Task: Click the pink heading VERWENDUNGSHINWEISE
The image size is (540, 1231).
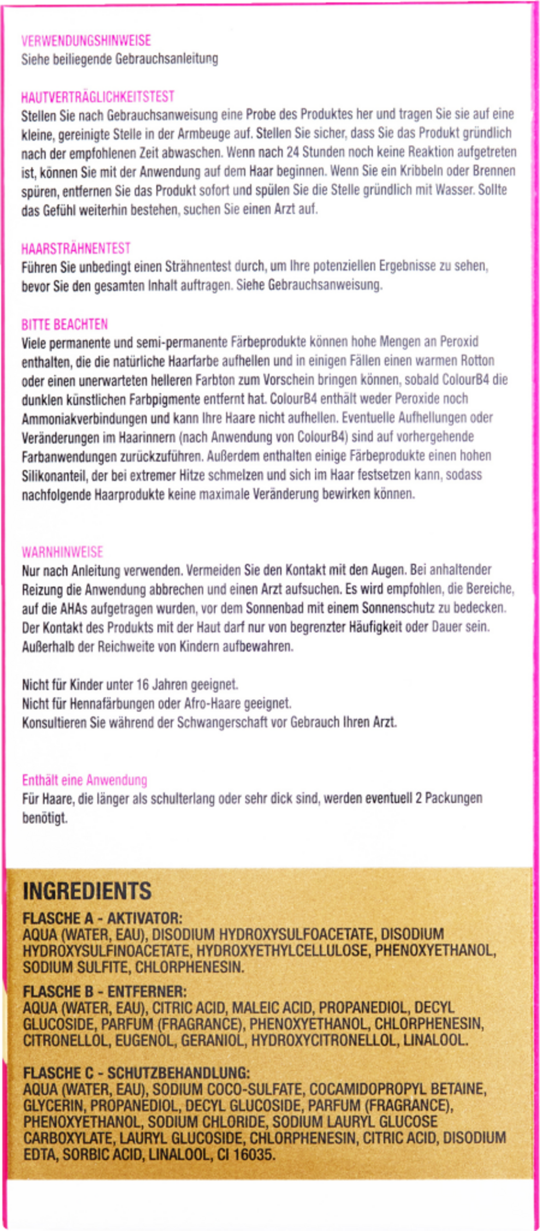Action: [86, 41]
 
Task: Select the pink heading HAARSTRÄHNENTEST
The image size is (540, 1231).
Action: [75, 249]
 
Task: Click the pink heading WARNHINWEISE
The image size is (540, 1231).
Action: [62, 552]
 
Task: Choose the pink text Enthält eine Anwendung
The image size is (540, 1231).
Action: [84, 780]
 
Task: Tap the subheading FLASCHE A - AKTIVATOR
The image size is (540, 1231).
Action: [103, 918]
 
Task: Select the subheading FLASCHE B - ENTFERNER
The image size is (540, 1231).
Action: [104, 990]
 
